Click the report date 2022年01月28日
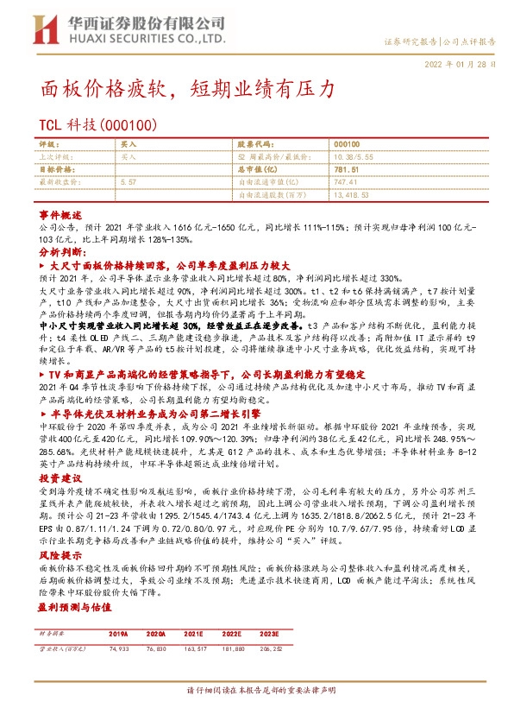point(461,65)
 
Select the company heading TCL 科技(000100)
point(97,126)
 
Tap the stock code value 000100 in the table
point(346,146)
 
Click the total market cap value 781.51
point(345,171)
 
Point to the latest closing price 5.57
point(128,183)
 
